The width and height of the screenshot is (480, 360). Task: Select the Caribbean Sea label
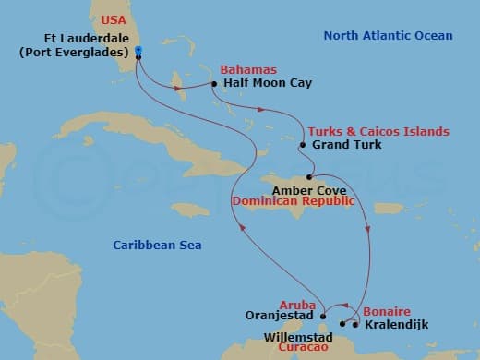click(x=157, y=245)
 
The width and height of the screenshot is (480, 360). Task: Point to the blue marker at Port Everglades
click(x=138, y=51)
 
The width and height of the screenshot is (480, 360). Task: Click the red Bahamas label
click(x=243, y=69)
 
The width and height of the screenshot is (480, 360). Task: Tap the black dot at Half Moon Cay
click(x=214, y=83)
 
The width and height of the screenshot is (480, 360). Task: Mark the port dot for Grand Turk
click(x=303, y=145)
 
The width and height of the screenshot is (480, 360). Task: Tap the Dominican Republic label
click(x=293, y=199)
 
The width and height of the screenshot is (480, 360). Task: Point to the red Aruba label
click(x=297, y=305)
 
